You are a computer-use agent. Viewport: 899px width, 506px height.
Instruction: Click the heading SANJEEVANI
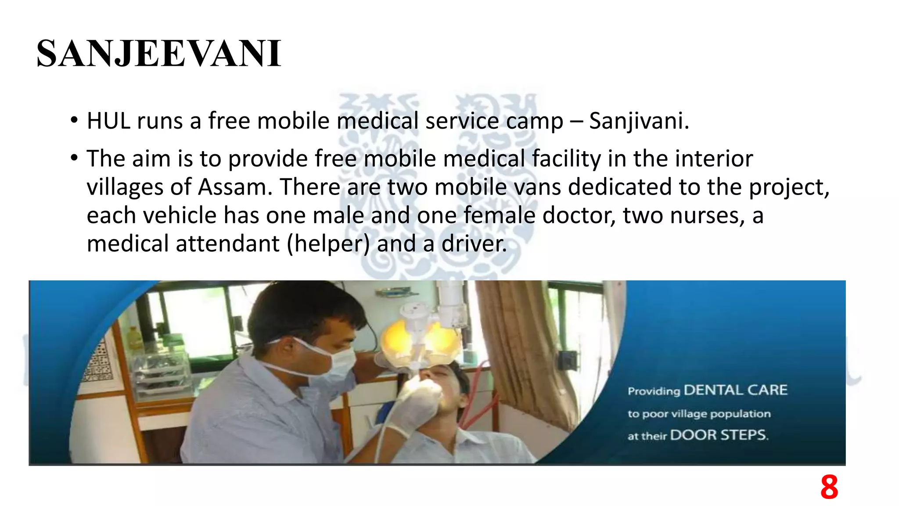158,54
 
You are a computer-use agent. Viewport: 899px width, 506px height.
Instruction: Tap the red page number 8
829,487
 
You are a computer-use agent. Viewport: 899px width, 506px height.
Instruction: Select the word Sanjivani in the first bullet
639,121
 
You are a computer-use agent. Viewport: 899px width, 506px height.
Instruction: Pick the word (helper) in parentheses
328,244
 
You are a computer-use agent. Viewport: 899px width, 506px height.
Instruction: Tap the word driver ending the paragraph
474,244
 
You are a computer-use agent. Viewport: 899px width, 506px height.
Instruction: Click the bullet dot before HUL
74,120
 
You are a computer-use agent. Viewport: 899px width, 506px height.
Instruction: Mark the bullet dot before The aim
74,158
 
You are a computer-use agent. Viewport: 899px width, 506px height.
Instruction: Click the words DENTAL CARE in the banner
736,390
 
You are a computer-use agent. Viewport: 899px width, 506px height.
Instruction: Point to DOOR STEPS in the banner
719,435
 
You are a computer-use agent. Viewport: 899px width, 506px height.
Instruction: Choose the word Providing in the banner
654,391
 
